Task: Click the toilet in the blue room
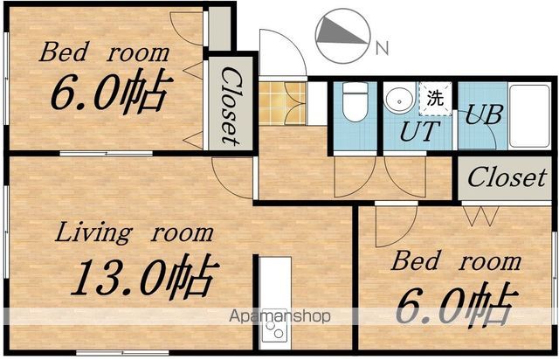point(355,101)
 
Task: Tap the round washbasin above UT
point(400,98)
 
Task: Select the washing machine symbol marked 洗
point(435,99)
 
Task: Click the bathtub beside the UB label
point(529,116)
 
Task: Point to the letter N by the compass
point(383,48)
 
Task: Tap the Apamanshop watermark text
point(279,316)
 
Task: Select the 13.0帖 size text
point(144,276)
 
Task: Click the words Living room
point(135,232)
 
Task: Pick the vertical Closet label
point(231,107)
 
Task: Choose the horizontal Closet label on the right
point(507,177)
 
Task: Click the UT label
point(419,132)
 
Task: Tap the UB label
point(484,114)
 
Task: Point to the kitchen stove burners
point(274,329)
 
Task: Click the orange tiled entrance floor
point(282,103)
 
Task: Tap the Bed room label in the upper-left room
point(104,52)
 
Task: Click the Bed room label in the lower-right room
point(456,260)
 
